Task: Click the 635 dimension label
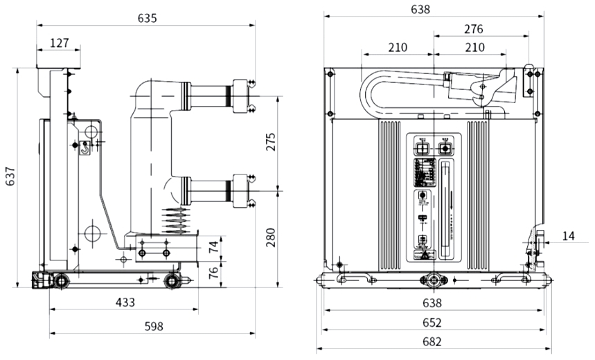pos(146,18)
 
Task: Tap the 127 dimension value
pos(59,43)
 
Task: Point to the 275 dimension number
pos(271,141)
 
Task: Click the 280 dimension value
pos(271,237)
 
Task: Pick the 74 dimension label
pos(215,245)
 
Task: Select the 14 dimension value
pos(568,236)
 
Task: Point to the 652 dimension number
pos(432,323)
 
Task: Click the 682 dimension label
pos(432,341)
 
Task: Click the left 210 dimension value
pos(397,48)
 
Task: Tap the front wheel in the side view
pos(170,280)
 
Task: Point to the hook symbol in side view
pos(85,147)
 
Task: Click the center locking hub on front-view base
pos(434,280)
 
